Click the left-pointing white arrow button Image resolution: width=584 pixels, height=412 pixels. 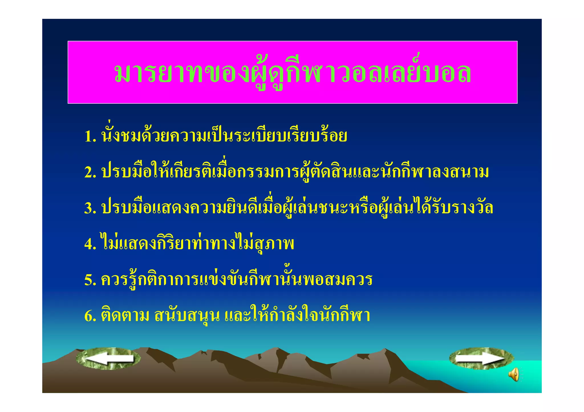(x=108, y=359)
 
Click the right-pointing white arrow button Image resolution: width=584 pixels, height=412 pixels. (x=481, y=358)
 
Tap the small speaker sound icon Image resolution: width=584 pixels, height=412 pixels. (x=514, y=374)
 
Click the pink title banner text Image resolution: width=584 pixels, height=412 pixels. (x=292, y=72)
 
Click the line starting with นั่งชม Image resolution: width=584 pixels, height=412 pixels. (x=224, y=136)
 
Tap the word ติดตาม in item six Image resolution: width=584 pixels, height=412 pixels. (x=125, y=315)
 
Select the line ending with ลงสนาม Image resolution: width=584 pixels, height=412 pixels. (x=295, y=172)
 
